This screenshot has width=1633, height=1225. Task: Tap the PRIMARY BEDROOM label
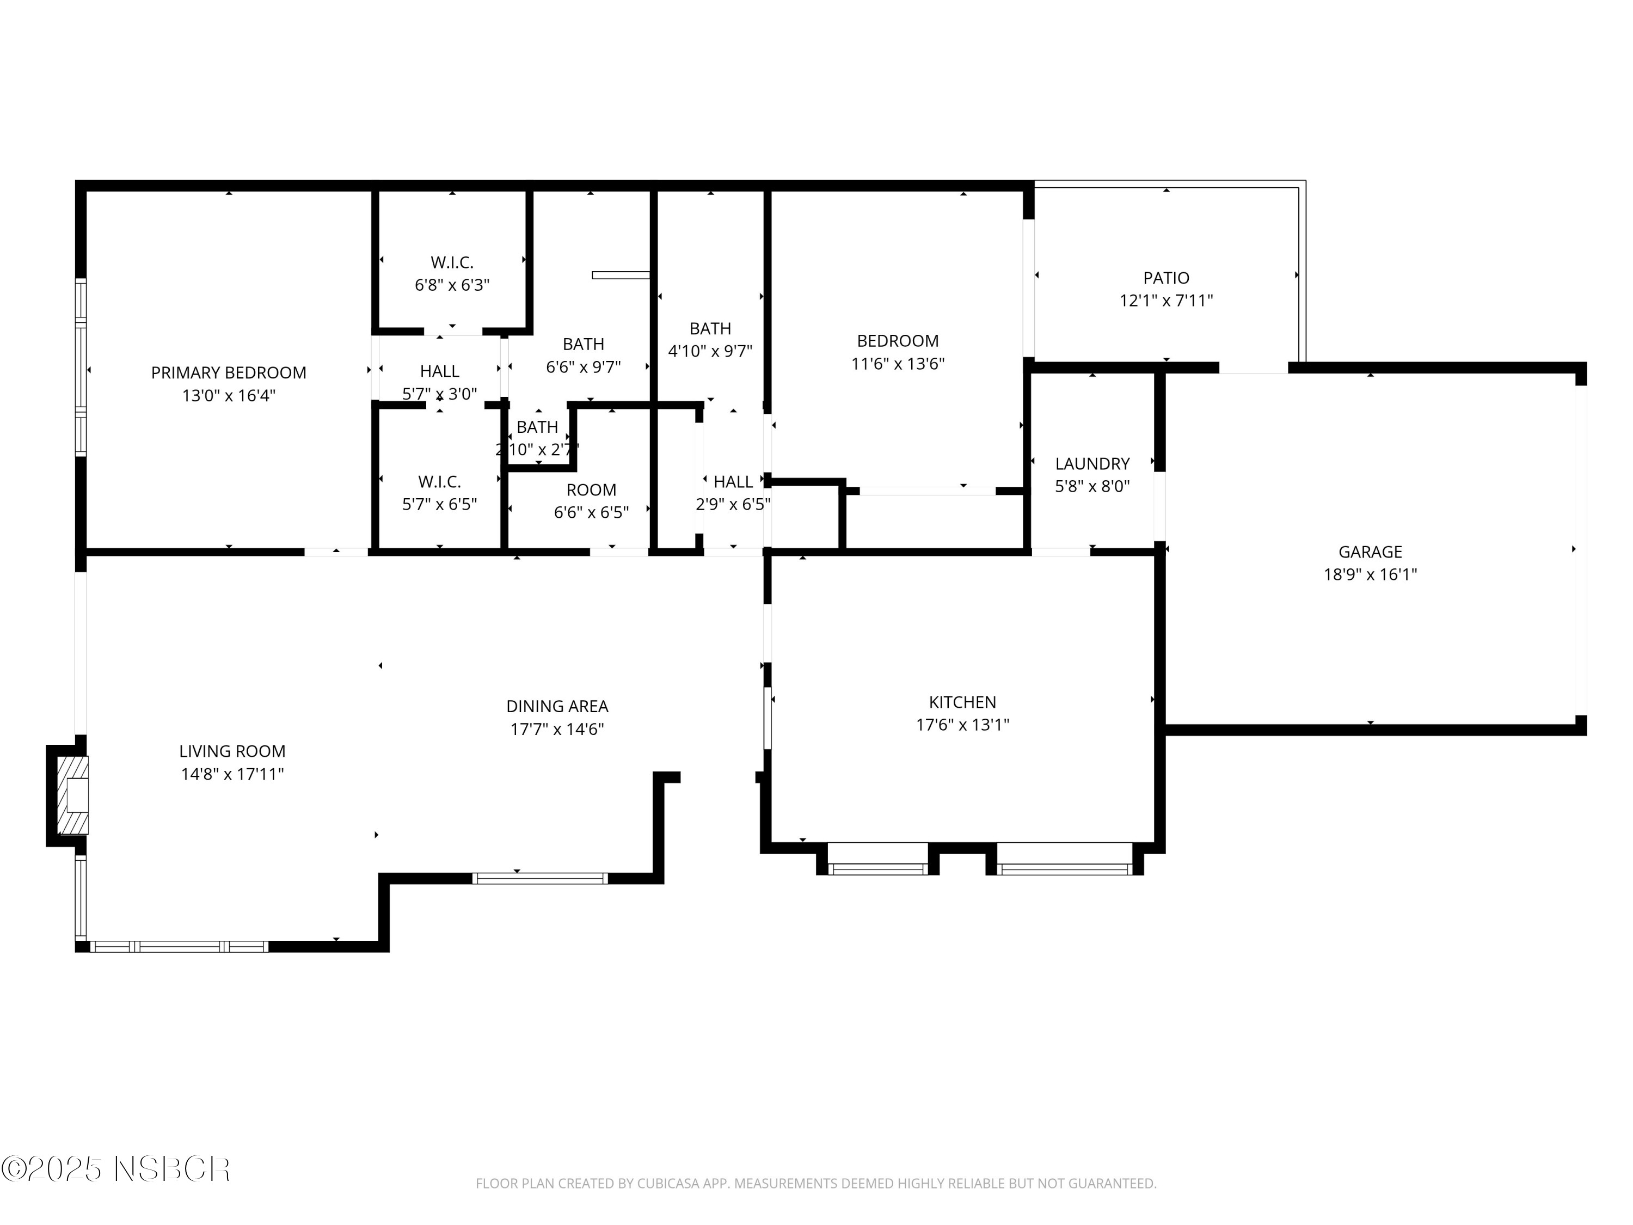coord(229,373)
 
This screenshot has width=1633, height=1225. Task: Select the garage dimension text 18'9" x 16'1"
coord(1370,574)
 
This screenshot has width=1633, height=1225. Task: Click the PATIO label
coord(1166,278)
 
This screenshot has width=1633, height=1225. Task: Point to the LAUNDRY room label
coord(1092,464)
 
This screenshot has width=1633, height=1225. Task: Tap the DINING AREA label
coord(557,707)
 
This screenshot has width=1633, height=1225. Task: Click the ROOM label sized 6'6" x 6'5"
coord(591,491)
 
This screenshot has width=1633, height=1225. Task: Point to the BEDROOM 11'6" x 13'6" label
coord(898,341)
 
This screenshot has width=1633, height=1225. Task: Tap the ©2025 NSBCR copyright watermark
coord(116,1169)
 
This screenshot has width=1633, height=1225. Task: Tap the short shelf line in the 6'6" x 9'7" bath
coord(620,275)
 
